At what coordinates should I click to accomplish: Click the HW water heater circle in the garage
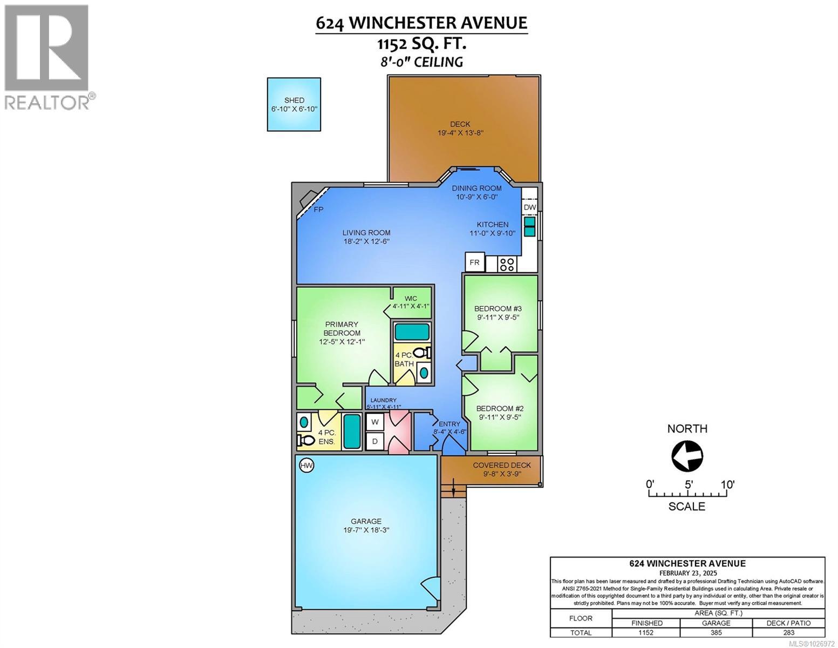coord(306,465)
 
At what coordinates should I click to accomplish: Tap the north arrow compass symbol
coord(687,456)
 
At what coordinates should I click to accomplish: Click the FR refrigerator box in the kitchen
coord(474,262)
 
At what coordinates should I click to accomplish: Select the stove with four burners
coord(507,264)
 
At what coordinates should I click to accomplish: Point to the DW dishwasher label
coord(529,207)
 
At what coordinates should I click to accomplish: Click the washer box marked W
coord(375,422)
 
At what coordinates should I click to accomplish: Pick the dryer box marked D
coord(375,441)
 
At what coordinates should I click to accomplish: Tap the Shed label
coord(294,100)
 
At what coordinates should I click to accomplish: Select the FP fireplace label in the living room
coord(318,210)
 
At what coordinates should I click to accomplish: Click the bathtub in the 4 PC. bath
coord(412,330)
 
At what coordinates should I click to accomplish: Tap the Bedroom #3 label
coord(498,308)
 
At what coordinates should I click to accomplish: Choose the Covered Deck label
coord(501,465)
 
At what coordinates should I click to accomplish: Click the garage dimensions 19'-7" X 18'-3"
coord(366,530)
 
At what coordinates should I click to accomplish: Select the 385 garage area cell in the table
coord(716,633)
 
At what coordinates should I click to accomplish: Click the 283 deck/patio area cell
coord(788,633)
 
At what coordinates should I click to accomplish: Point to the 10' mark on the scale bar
coord(727,484)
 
